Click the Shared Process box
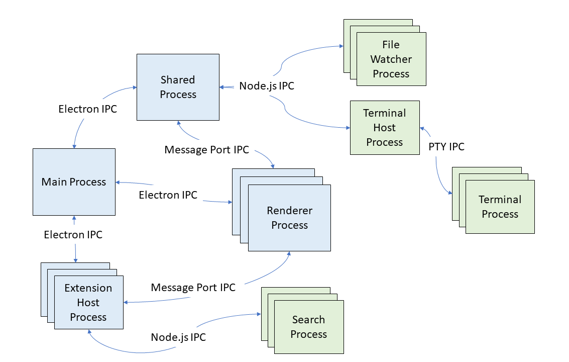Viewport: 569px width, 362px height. pyautogui.click(x=178, y=87)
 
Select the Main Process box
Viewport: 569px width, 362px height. pyautogui.click(x=74, y=182)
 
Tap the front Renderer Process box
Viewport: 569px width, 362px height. pyautogui.click(x=289, y=218)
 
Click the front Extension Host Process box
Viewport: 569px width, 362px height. pyautogui.click(x=88, y=302)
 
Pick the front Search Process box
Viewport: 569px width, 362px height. pyautogui.click(x=308, y=327)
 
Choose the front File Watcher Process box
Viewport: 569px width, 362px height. pyautogui.click(x=391, y=59)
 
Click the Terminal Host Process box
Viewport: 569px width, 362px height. pyautogui.click(x=384, y=128)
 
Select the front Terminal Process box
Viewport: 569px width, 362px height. pyautogui.click(x=500, y=207)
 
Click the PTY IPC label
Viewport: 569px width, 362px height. pyautogui.click(x=446, y=147)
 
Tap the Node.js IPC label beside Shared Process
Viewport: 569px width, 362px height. pyautogui.click(x=267, y=86)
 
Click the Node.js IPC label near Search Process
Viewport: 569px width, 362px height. pyautogui.click(x=178, y=337)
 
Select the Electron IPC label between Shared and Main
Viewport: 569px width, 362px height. pyautogui.click(x=87, y=109)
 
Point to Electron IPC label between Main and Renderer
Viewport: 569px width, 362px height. pyautogui.click(x=168, y=195)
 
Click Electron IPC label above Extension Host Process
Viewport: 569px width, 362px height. pyautogui.click(x=73, y=235)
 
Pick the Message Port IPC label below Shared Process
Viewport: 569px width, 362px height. pyautogui.click(x=206, y=150)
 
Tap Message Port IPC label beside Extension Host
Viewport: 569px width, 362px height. pyautogui.click(x=193, y=288)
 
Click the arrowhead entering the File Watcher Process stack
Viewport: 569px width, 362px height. pyautogui.click(x=341, y=46)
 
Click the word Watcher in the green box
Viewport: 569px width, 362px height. pyautogui.click(x=391, y=59)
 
